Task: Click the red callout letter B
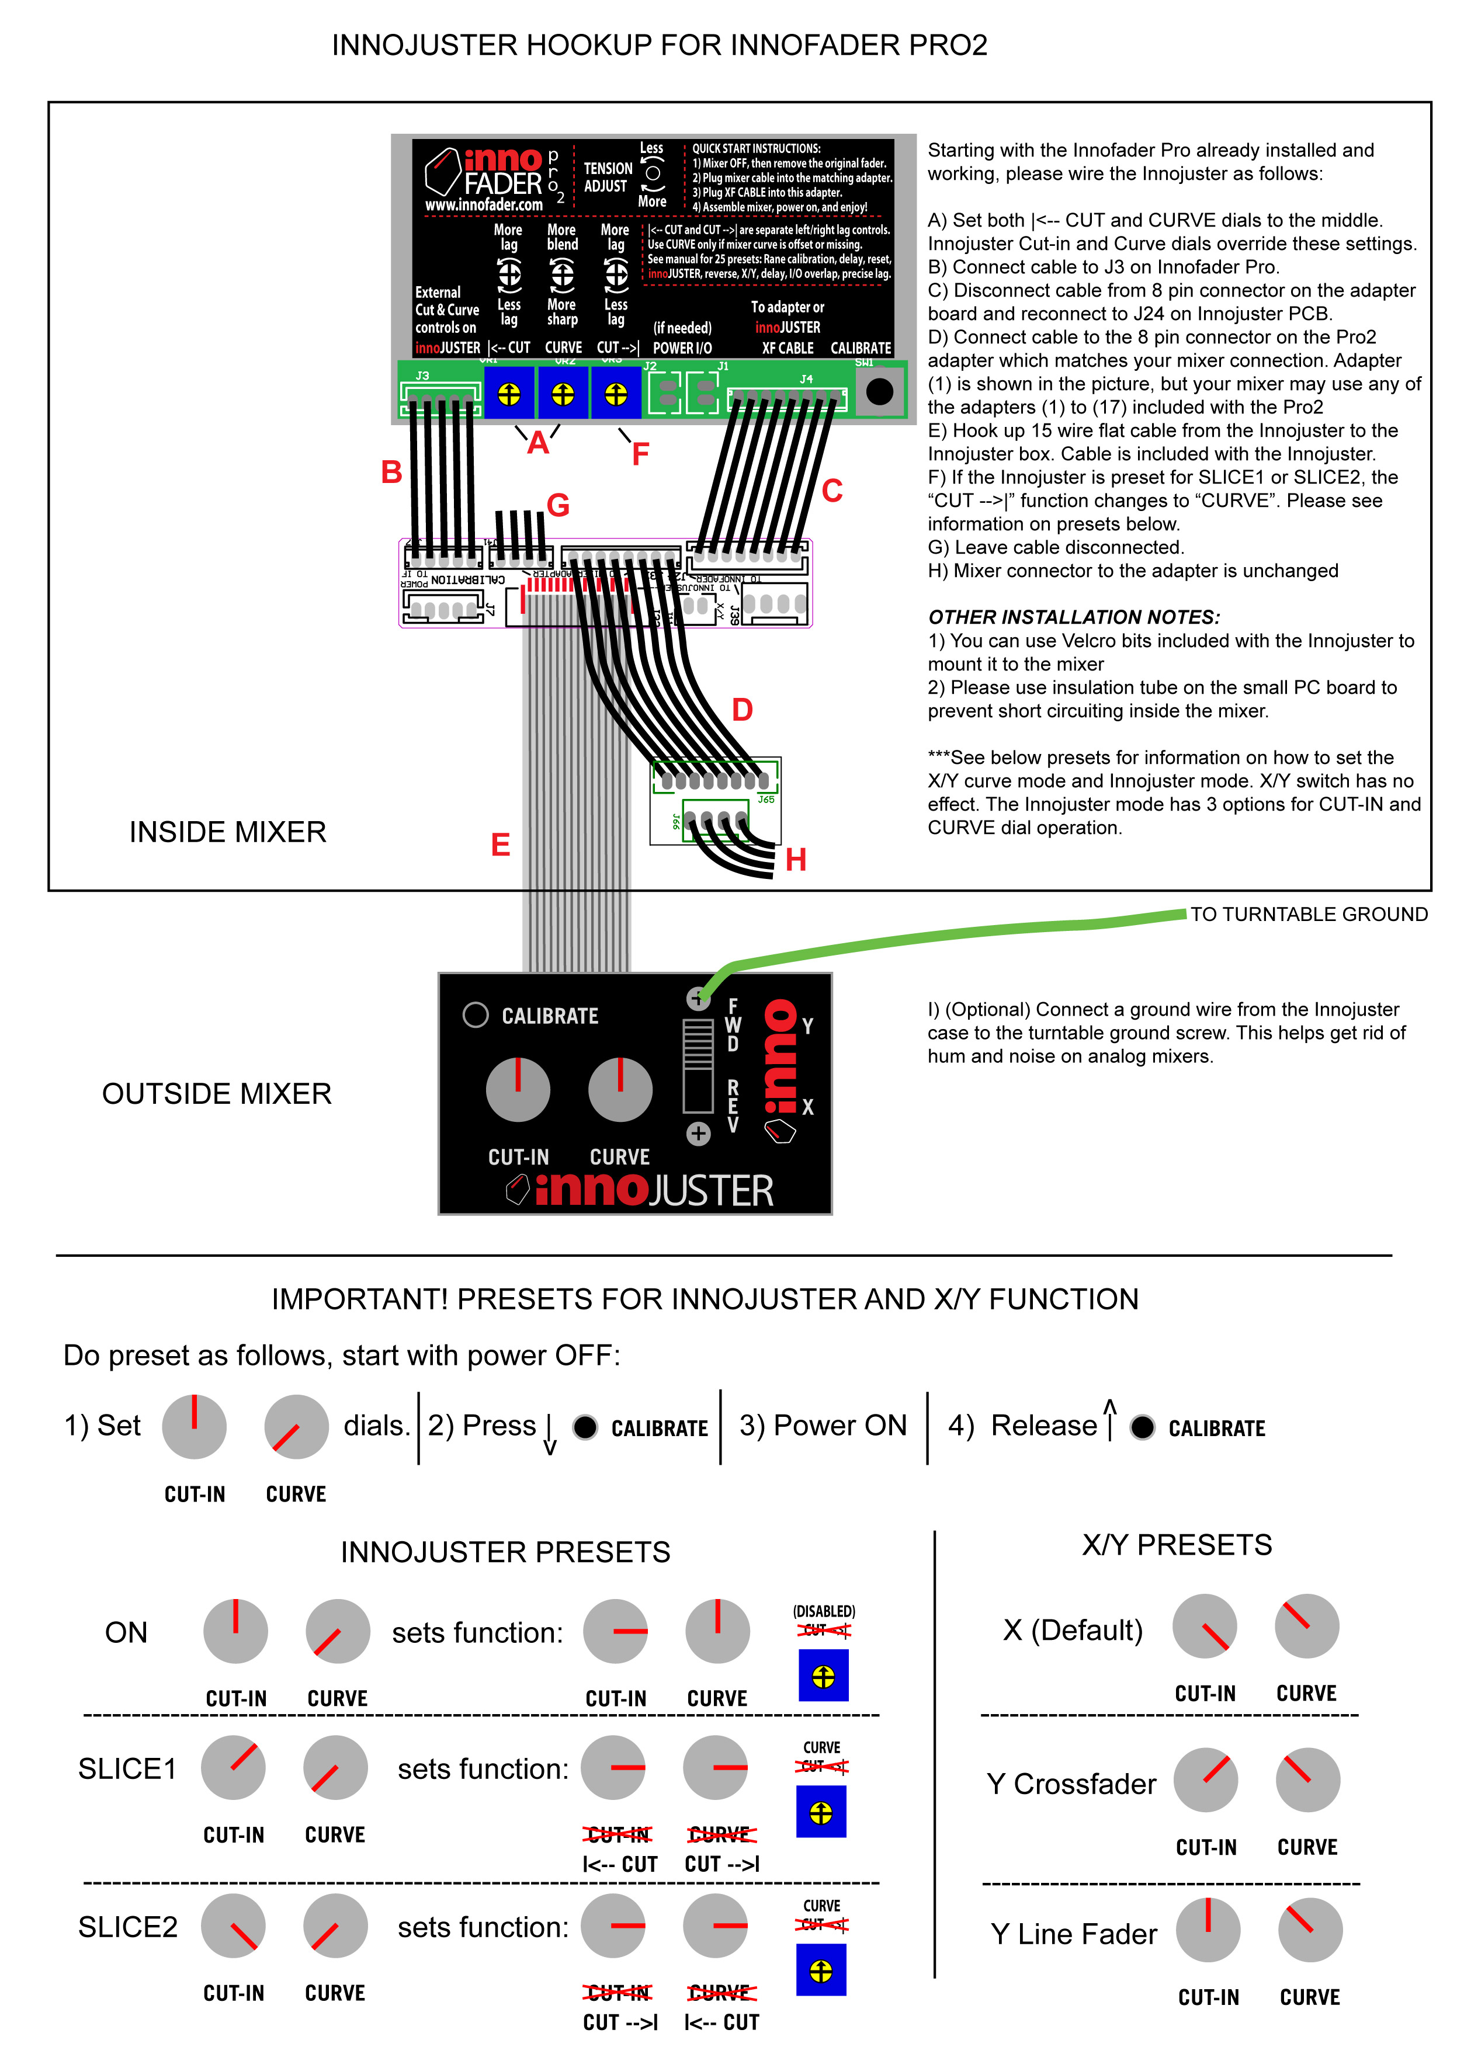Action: (391, 472)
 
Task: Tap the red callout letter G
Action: (558, 505)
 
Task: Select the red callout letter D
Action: (742, 710)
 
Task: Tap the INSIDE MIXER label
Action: (228, 832)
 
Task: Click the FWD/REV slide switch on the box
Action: (698, 1066)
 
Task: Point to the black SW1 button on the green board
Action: (879, 391)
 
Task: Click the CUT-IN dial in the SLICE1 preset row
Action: (233, 1767)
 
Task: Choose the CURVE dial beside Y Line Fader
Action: (1310, 1930)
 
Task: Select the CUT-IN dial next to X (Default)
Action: (1205, 1626)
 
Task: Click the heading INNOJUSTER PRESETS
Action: (505, 1552)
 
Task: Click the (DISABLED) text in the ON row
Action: (824, 1611)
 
